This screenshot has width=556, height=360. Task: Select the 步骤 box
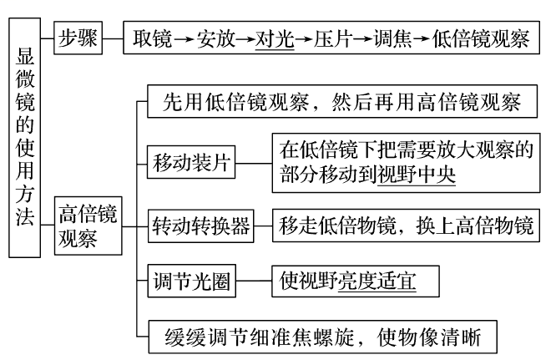pos(78,39)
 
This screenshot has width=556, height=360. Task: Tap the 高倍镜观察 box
pos(88,225)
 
